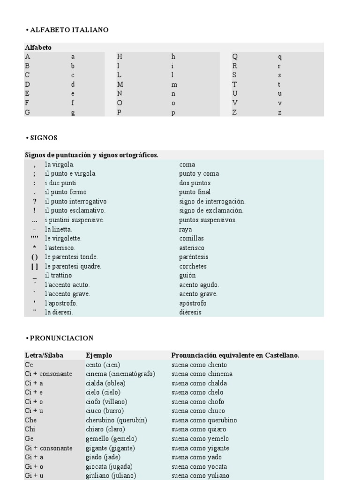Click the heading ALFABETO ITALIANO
coord(68,30)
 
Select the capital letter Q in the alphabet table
coord(235,57)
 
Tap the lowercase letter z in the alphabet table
coord(280,113)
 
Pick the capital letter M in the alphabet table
coord(120,85)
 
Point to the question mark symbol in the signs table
coord(35,202)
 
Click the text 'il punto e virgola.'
coord(71,174)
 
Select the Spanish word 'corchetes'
coord(193,266)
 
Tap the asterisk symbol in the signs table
coord(35,247)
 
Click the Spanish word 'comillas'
coord(191,239)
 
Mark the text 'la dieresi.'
coord(59,312)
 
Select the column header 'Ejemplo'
coord(99,355)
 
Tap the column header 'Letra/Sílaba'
coord(44,355)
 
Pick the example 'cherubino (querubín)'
coord(115,420)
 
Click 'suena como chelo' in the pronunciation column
coord(197,392)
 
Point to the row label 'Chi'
coord(30,429)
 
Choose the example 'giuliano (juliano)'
coord(111,475)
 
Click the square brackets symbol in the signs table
coord(35,266)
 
